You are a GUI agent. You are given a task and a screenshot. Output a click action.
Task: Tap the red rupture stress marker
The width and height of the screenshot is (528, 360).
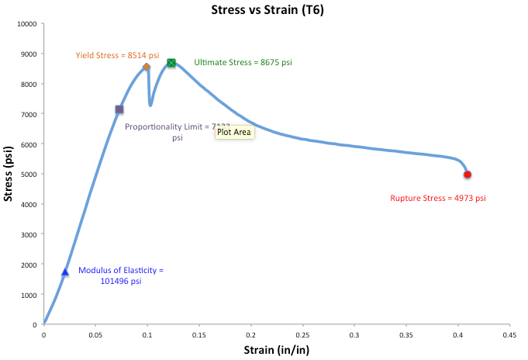pos(468,175)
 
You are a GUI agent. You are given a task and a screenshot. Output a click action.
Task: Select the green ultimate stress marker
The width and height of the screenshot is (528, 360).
pos(171,63)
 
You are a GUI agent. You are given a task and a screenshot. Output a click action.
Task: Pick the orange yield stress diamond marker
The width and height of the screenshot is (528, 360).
pos(147,67)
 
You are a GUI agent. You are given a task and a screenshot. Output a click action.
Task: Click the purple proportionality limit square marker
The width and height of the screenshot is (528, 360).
pos(119,109)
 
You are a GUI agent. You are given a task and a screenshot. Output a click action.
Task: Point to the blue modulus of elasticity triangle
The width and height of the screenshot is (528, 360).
pos(65,272)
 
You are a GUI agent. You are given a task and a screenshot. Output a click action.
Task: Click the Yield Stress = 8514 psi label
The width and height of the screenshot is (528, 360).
pos(117,55)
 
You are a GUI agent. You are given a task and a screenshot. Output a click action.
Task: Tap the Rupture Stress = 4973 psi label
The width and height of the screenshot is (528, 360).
pos(438,199)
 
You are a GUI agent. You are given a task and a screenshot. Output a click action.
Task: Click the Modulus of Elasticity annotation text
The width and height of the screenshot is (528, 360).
pos(122,275)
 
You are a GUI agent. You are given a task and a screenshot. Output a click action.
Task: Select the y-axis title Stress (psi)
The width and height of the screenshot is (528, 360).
pos(9,174)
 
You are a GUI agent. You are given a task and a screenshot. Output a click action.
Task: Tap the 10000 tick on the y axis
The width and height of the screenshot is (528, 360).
pos(26,24)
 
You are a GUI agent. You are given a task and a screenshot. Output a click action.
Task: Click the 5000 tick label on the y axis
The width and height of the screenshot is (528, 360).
pos(29,175)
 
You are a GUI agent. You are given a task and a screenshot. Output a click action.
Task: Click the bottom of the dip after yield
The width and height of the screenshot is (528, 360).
pos(150,105)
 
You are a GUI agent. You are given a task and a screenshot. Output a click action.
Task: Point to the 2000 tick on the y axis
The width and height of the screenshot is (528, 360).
pos(29,265)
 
